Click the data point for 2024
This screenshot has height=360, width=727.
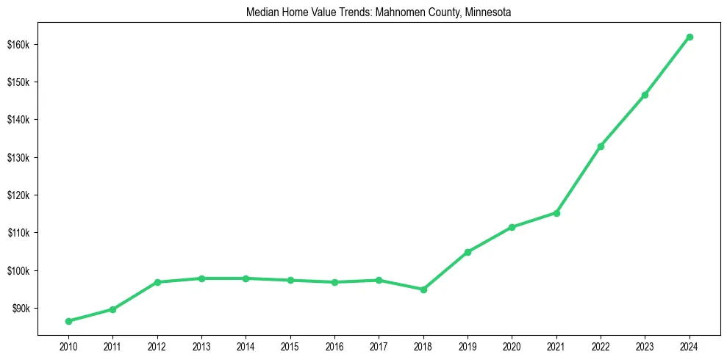click(x=690, y=37)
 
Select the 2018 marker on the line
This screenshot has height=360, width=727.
click(x=423, y=289)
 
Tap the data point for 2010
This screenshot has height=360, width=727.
click(x=68, y=321)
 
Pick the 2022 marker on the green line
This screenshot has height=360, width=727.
click(x=601, y=146)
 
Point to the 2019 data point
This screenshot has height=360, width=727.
click(x=468, y=252)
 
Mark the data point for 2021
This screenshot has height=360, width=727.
click(x=556, y=213)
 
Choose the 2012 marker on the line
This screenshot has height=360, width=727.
click(x=157, y=282)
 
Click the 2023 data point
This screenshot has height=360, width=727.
click(x=645, y=95)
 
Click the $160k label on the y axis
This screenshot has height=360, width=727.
click(x=18, y=45)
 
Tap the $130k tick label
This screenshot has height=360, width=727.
click(x=18, y=158)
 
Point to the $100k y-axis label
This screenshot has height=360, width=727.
click(x=18, y=271)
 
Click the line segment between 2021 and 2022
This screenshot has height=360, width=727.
click(x=579, y=180)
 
